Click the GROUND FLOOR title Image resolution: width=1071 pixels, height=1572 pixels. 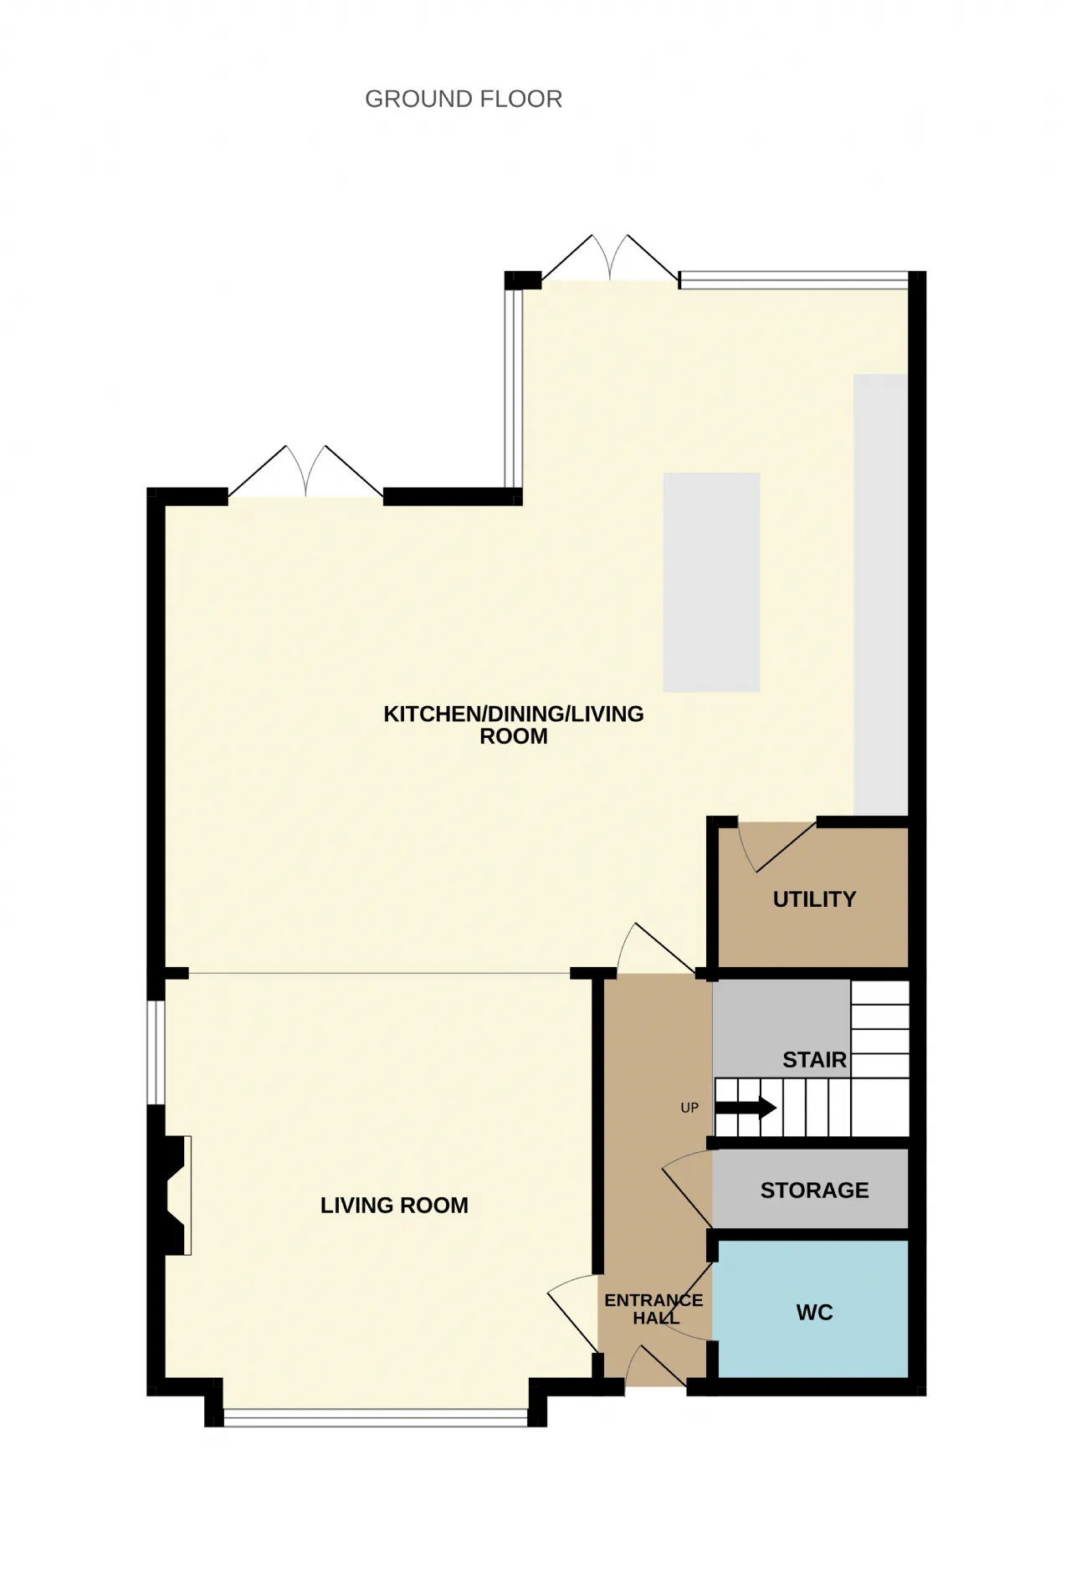(x=464, y=99)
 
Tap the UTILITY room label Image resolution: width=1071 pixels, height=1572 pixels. (x=814, y=899)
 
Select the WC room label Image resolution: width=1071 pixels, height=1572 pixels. (x=814, y=1312)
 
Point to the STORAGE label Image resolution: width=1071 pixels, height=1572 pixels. (x=814, y=1190)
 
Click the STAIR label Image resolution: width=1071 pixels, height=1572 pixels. (x=814, y=1060)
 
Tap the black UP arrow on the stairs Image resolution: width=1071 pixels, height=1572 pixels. (x=746, y=1108)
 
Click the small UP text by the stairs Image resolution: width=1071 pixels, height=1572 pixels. (x=689, y=1108)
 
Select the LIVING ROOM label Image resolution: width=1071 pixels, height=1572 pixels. (x=394, y=1205)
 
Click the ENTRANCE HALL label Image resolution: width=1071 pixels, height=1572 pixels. (x=654, y=1308)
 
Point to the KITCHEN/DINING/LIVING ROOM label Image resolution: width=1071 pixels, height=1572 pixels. (x=514, y=725)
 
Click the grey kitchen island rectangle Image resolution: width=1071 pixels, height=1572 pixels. (x=711, y=582)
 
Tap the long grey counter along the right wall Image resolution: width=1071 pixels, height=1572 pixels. (x=880, y=595)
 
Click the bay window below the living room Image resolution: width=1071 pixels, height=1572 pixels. (x=376, y=1417)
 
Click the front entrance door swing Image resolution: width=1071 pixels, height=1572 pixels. (x=655, y=1366)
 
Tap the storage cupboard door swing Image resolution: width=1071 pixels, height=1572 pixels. (x=686, y=1188)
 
